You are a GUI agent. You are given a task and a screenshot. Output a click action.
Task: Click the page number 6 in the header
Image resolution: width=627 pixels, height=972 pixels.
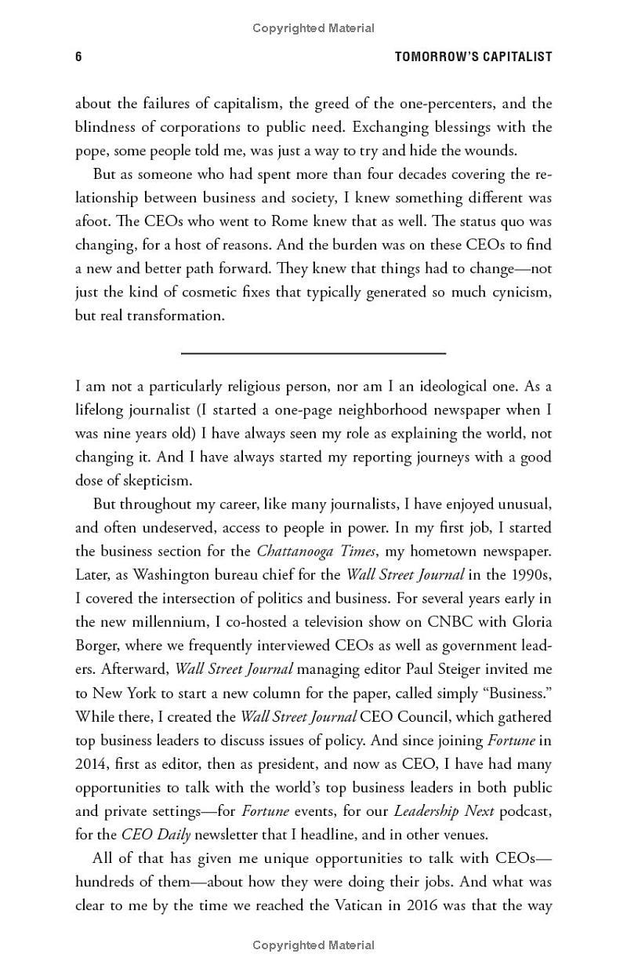(x=78, y=56)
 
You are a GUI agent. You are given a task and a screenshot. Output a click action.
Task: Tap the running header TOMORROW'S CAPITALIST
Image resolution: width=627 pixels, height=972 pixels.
(x=473, y=56)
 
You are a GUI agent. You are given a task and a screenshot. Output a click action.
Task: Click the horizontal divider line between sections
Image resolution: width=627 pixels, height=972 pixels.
(x=313, y=354)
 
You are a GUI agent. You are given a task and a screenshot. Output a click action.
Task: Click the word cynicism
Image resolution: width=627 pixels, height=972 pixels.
(x=518, y=292)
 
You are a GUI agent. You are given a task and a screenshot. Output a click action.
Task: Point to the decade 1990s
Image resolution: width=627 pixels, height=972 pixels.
(x=529, y=574)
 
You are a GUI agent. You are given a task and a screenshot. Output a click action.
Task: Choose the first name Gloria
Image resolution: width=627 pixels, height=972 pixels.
(x=528, y=621)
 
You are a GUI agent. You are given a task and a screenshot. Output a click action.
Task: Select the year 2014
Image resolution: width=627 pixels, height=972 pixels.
(x=93, y=763)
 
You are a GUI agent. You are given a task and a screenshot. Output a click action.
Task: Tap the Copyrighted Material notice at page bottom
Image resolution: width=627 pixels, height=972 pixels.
(x=313, y=945)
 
